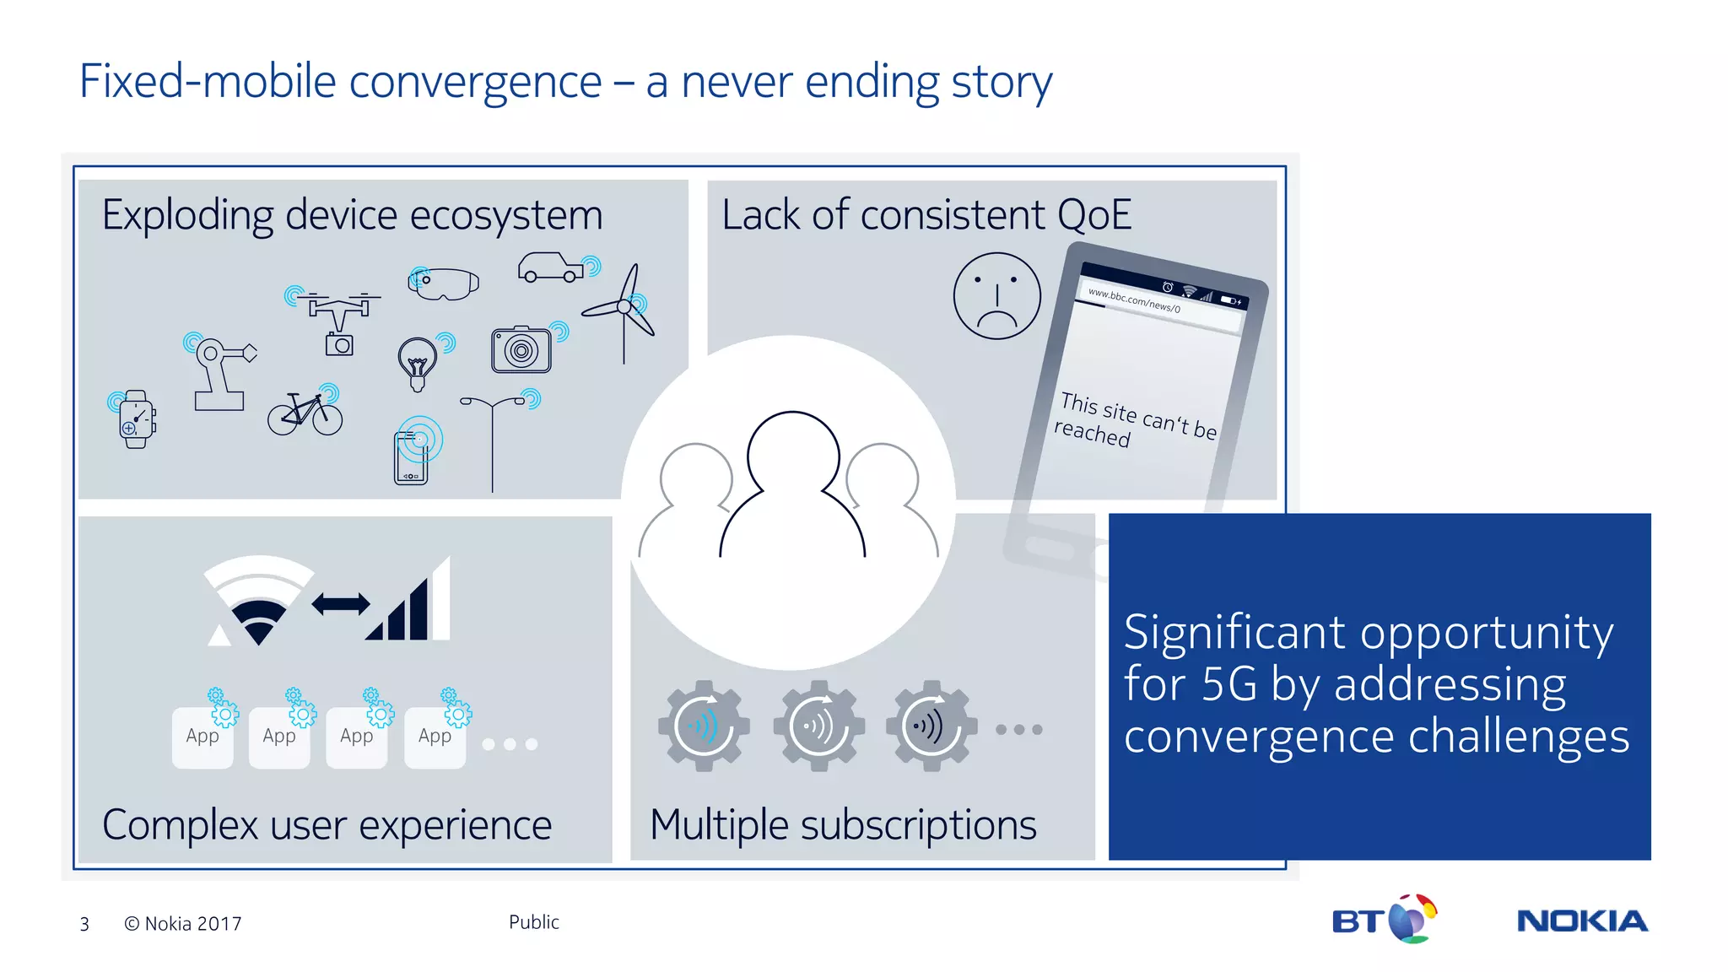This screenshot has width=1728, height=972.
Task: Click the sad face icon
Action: (996, 296)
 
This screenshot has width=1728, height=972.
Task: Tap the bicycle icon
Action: (305, 413)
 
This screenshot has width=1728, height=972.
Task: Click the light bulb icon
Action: (417, 363)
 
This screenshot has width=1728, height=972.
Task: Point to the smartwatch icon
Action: (136, 419)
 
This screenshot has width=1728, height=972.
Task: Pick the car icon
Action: (551, 267)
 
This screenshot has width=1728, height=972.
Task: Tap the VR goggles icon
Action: (444, 283)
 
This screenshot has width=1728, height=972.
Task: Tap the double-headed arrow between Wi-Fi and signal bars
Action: (340, 604)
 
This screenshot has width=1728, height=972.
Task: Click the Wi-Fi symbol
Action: (258, 601)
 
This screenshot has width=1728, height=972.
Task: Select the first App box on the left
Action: (202, 737)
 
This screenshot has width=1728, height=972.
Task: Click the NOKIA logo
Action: (1582, 921)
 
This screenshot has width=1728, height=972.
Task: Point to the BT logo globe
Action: (1412, 919)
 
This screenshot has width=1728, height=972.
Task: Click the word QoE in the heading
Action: (1093, 215)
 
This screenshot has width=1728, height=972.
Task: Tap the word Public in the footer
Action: (533, 922)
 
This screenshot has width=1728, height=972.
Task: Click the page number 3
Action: (84, 925)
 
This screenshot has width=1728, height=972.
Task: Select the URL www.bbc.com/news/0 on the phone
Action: (1133, 300)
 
